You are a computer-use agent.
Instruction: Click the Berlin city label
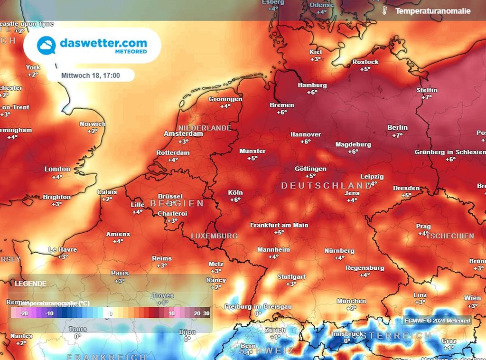pos(397,127)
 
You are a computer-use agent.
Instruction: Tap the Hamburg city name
pos(312,85)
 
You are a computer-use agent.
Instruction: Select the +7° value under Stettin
pos(427,97)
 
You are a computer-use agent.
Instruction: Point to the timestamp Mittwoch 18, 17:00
pos(90,75)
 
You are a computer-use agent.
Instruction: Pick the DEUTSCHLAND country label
pos(327,186)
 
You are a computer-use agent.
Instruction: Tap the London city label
pos(57,169)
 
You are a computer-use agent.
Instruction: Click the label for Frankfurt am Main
pos(279,225)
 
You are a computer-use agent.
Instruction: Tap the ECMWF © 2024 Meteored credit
pos(437,321)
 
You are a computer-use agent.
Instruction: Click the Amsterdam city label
pos(183,134)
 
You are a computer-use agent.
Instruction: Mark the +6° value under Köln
pos(235,200)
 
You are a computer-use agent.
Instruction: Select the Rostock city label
pos(365,62)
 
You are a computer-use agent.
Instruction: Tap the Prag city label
pos(423,227)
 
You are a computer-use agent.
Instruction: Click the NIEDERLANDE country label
pos(205,128)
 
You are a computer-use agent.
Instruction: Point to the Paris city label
pos(120,273)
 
